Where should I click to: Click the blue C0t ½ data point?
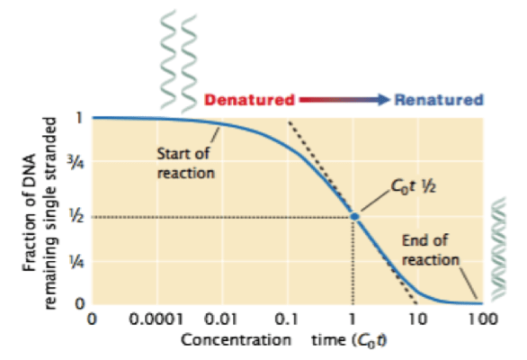point(354,216)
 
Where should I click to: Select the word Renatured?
point(440,100)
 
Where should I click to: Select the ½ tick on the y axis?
point(79,217)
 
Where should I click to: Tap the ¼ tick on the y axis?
point(79,263)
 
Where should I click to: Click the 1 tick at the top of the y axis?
point(80,118)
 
